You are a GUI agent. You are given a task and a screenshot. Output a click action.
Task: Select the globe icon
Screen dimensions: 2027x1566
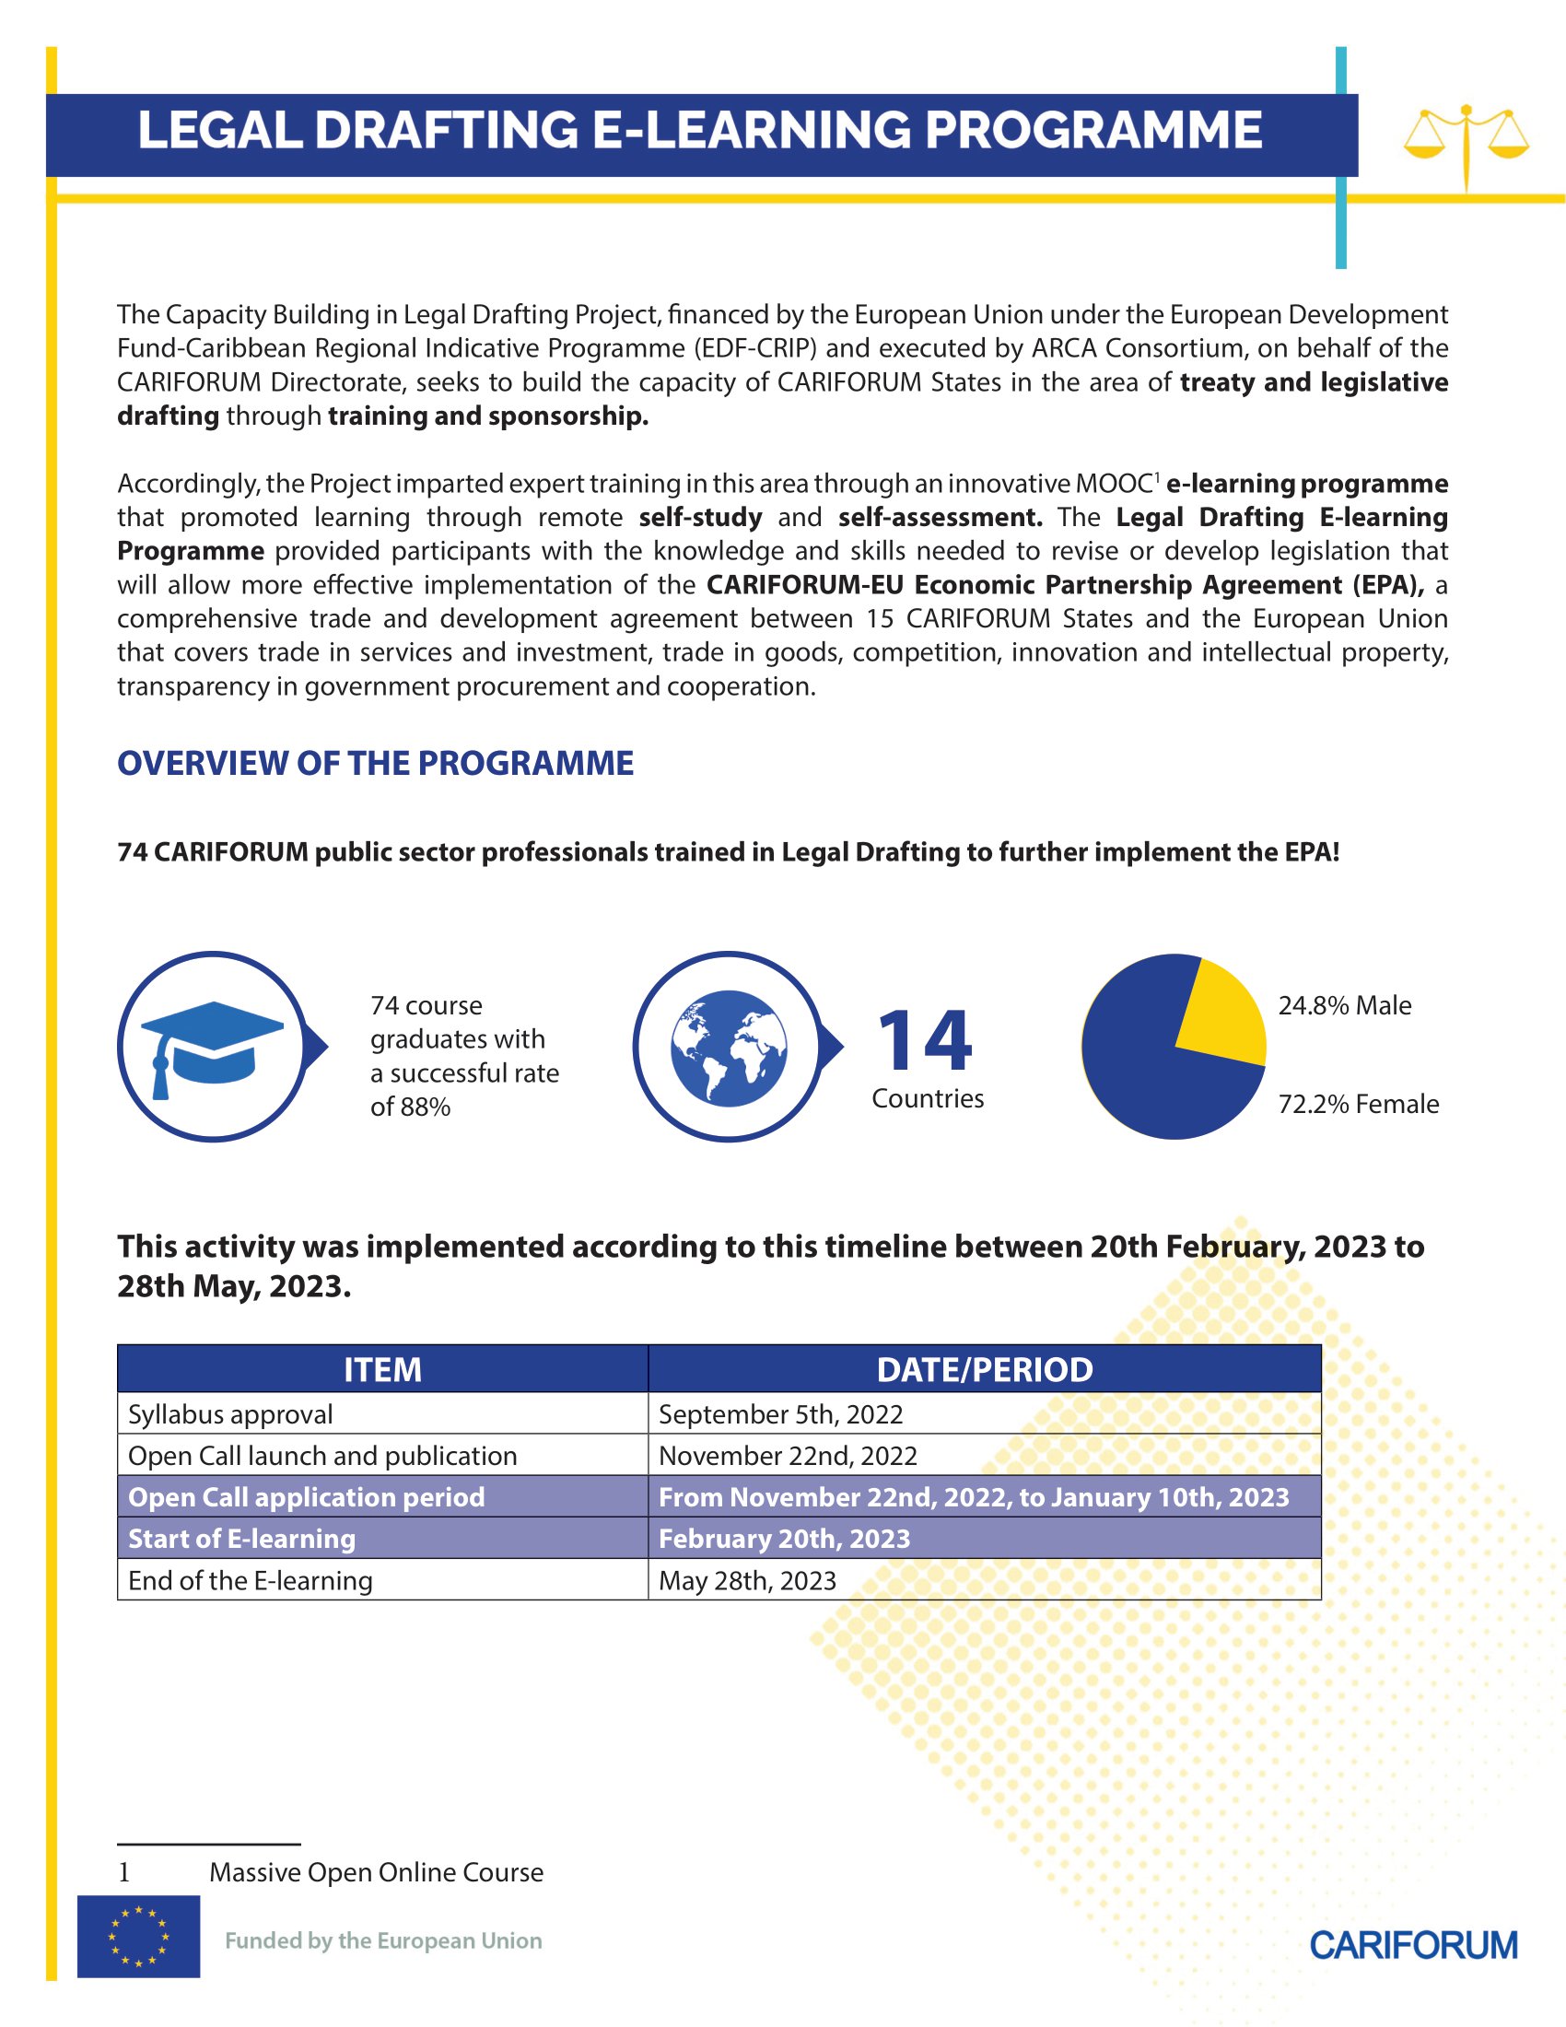729,1047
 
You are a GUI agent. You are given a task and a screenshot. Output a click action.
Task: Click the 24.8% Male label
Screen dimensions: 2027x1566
1344,1005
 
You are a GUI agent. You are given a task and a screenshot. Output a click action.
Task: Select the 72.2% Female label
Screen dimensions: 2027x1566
1358,1104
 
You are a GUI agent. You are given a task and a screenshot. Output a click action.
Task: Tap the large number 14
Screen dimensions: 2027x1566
925,1041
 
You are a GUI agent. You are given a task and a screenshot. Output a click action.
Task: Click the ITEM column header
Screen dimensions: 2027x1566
382,1369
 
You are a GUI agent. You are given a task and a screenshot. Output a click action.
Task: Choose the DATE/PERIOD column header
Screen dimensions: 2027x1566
985,1369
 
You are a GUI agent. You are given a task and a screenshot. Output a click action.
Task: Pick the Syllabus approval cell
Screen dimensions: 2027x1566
230,1413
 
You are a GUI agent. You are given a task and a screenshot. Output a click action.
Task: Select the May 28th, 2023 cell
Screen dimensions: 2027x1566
747,1579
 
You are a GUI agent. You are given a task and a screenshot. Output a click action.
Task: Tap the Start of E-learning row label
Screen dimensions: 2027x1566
241,1538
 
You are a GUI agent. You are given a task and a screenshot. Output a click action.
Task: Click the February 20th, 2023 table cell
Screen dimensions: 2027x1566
784,1538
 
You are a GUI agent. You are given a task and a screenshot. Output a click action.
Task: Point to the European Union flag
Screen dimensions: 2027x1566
138,1936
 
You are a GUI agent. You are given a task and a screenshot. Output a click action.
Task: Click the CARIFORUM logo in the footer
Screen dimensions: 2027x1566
1413,1944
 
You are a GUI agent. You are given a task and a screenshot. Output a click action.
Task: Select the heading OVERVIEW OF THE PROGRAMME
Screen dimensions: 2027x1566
375,763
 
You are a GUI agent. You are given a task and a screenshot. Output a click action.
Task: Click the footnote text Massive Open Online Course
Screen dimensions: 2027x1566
376,1872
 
